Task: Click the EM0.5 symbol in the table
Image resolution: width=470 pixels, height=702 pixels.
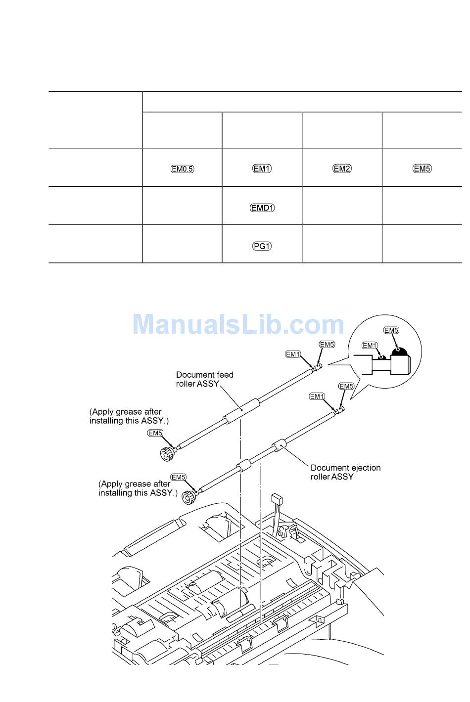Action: pos(183,169)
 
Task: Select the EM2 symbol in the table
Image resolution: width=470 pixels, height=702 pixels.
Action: pos(342,169)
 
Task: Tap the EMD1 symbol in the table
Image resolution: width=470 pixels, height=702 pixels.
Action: pos(262,208)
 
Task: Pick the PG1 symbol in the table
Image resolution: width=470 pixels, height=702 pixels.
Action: pos(262,246)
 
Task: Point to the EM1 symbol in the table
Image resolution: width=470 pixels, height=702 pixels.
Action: pos(262,169)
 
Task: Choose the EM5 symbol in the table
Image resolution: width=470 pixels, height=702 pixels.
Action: pos(422,169)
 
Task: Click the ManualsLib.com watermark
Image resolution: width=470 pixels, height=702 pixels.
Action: pos(238,325)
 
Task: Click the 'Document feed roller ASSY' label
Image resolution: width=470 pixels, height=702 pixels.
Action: pos(204,379)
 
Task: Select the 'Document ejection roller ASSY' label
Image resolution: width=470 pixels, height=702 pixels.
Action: pos(345,472)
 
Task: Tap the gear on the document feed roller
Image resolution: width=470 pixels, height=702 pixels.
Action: pos(166,453)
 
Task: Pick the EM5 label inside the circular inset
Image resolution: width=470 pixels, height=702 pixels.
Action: pos(391,330)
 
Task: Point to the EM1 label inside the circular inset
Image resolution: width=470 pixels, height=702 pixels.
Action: pos(370,346)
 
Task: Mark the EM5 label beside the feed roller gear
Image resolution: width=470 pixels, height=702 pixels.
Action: pos(155,433)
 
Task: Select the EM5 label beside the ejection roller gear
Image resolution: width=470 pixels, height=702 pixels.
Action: pos(178,477)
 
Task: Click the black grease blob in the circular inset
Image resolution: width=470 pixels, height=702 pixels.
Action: pos(399,351)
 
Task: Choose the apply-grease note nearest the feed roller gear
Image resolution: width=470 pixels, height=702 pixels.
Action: pos(129,416)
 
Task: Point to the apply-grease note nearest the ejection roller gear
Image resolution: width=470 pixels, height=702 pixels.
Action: pos(138,488)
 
